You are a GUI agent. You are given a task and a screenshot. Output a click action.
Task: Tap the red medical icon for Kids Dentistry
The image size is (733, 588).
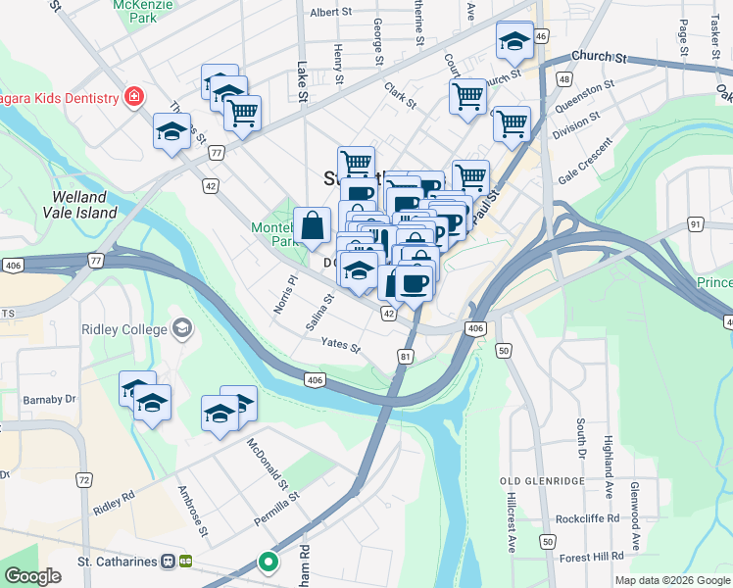(130, 97)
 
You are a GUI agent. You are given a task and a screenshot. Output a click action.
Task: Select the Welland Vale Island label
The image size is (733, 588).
(83, 204)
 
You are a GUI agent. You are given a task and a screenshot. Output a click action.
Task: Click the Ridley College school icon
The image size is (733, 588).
(180, 326)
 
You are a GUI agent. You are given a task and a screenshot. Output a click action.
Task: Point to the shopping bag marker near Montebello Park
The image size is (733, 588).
(312, 225)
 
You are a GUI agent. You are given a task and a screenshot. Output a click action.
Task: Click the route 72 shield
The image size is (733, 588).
(84, 479)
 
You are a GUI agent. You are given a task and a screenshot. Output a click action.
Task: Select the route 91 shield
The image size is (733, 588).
(696, 224)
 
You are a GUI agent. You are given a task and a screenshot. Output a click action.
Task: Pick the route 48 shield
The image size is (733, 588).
(563, 78)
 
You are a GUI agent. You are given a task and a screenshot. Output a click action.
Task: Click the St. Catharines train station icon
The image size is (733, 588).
(176, 562)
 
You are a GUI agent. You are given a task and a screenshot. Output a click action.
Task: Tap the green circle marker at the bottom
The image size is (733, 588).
(267, 563)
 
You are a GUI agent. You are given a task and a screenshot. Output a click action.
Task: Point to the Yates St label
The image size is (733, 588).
(341, 345)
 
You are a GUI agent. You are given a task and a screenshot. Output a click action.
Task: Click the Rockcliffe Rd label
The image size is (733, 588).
(586, 517)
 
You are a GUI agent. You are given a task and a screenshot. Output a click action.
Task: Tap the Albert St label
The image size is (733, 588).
(330, 13)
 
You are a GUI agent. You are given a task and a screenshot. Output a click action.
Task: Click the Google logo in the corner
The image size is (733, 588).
(32, 575)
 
